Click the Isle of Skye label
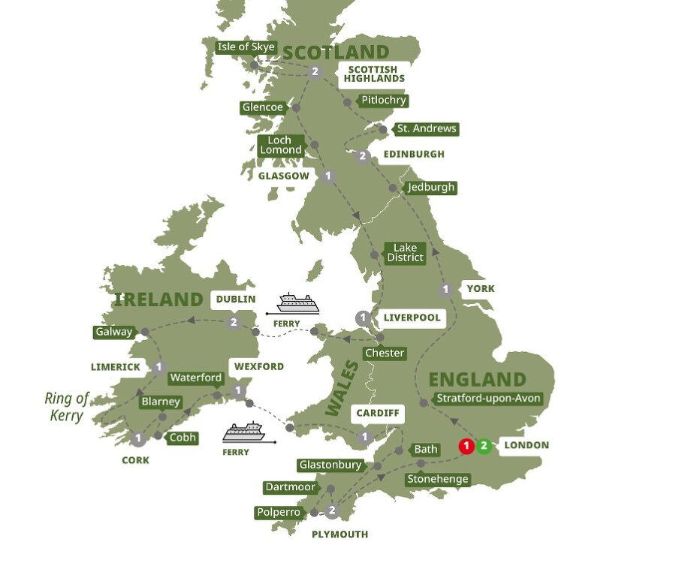(x=245, y=47)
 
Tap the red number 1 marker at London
(x=466, y=447)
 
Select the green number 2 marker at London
(x=484, y=447)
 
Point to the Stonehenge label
(x=437, y=479)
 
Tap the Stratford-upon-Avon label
(x=487, y=399)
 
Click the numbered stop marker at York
(x=446, y=290)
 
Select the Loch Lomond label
(x=280, y=145)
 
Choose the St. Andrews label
(x=427, y=128)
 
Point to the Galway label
(x=113, y=332)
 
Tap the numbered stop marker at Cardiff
(x=365, y=437)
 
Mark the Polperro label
(x=278, y=512)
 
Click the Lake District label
(x=404, y=252)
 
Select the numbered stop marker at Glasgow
(x=327, y=176)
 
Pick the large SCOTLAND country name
(x=336, y=53)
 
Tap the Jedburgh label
(x=431, y=187)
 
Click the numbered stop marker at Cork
(x=138, y=438)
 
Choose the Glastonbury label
(x=330, y=465)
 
